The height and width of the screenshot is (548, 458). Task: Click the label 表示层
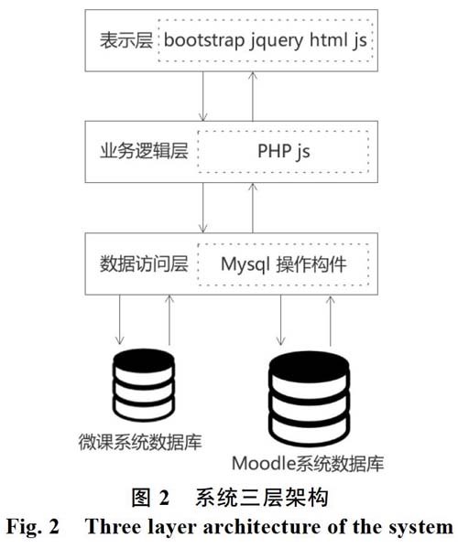pyautogui.click(x=126, y=40)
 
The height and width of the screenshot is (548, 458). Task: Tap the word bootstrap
pyautogui.click(x=204, y=40)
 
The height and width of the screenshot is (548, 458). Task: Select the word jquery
pyautogui.click(x=277, y=41)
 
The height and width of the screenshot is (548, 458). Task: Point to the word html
pyautogui.click(x=328, y=39)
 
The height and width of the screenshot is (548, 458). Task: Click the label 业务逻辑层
pyautogui.click(x=144, y=151)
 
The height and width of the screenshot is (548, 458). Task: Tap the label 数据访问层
pyautogui.click(x=144, y=263)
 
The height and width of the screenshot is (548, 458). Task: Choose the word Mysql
pyautogui.click(x=245, y=265)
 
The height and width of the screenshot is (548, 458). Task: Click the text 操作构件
pyautogui.click(x=311, y=264)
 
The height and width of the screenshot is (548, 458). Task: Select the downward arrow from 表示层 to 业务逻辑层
pyautogui.click(x=203, y=96)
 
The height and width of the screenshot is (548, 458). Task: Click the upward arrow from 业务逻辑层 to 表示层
pyautogui.click(x=253, y=96)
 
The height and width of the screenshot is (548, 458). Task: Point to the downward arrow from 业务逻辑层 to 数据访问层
pyautogui.click(x=203, y=208)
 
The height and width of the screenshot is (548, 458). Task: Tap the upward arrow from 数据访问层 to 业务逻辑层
pyautogui.click(x=253, y=208)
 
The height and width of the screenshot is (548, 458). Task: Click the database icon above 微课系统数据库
pyautogui.click(x=144, y=385)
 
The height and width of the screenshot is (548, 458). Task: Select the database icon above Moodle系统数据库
pyautogui.click(x=310, y=399)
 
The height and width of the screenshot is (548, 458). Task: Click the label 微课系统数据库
pyautogui.click(x=140, y=442)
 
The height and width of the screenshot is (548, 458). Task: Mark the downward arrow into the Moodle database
pyautogui.click(x=280, y=320)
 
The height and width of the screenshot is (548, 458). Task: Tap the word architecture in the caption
pyautogui.click(x=262, y=527)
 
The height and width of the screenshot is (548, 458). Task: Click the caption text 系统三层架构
pyautogui.click(x=262, y=498)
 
